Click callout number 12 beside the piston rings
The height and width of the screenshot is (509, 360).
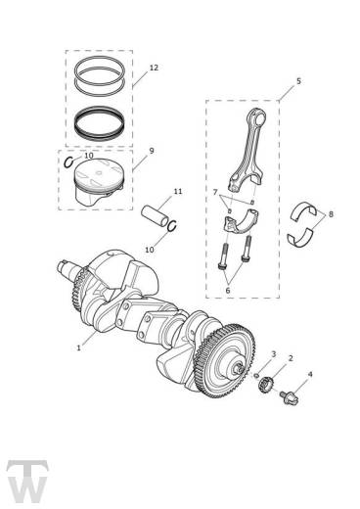point(154,68)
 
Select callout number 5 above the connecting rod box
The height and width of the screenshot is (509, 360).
point(298,81)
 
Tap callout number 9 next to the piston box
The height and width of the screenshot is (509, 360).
point(151,151)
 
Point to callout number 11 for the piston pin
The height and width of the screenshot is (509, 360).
point(178,191)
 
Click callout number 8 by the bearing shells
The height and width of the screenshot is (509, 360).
point(331,214)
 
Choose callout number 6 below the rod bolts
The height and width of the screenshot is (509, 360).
point(228,290)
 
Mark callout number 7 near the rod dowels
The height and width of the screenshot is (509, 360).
point(215,192)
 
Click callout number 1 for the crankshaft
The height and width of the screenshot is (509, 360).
point(78,347)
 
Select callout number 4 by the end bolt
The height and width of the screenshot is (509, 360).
point(310,374)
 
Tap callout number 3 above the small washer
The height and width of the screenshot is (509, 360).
point(274,354)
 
